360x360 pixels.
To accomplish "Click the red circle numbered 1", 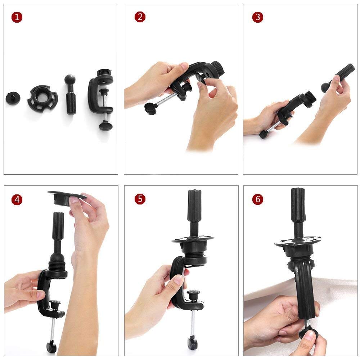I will pyautogui.click(x=17, y=17).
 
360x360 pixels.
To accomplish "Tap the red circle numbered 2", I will pyautogui.click(x=140, y=17).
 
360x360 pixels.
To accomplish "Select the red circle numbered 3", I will pyautogui.click(x=258, y=17).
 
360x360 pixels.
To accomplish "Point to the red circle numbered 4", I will pyautogui.click(x=17, y=199).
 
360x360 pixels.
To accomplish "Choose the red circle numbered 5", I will pyautogui.click(x=140, y=199).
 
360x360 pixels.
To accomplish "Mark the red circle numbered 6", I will pyautogui.click(x=258, y=199).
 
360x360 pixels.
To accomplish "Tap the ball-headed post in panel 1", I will pyautogui.click(x=70, y=94).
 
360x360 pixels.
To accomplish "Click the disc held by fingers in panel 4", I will pyautogui.click(x=67, y=197).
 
